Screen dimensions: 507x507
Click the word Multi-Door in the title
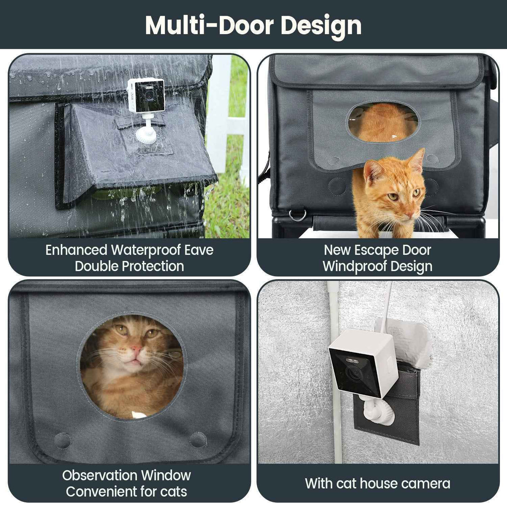click(210, 25)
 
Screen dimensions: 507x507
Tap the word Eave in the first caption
click(199, 250)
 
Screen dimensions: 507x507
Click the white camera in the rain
click(146, 95)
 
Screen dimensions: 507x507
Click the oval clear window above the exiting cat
click(383, 122)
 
